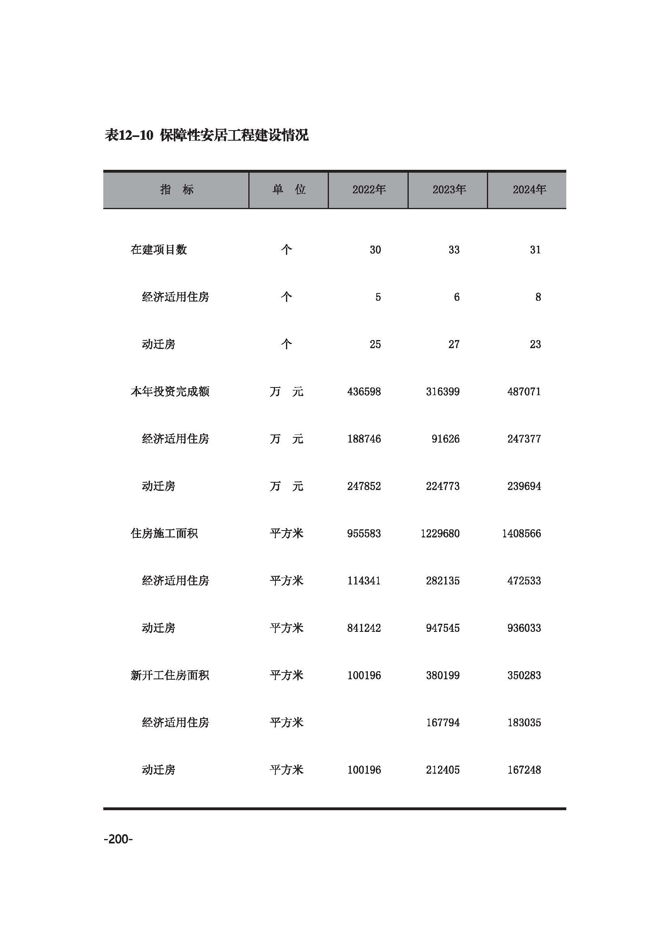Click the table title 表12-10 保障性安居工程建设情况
[x=207, y=135]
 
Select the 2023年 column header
[x=449, y=190]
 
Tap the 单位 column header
[x=289, y=190]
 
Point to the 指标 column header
[x=177, y=190]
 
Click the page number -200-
[x=118, y=839]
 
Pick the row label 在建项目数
[x=159, y=250]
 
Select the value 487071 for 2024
[x=524, y=392]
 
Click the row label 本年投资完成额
[x=170, y=392]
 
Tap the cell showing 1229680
[x=440, y=533]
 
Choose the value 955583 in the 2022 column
[x=364, y=533]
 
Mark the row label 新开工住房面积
[x=170, y=676]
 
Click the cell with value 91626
[x=446, y=439]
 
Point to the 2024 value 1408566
[x=521, y=533]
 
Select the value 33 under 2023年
[x=454, y=250]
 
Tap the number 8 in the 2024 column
[x=538, y=297]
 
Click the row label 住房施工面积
[x=164, y=533]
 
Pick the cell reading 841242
[x=364, y=628]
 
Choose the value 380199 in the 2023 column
[x=443, y=676]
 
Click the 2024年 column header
[x=529, y=190]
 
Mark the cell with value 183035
[x=524, y=723]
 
